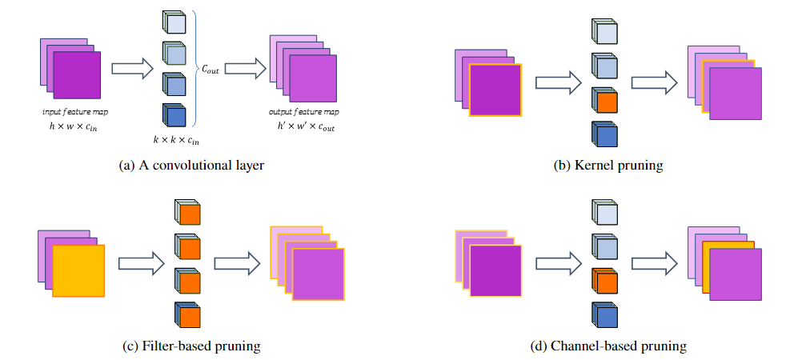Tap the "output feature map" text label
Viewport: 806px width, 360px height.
(305, 112)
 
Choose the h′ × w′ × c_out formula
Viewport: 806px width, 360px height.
(305, 126)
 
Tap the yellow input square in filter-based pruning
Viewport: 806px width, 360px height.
(78, 271)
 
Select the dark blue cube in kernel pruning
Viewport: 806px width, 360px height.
(606, 134)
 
